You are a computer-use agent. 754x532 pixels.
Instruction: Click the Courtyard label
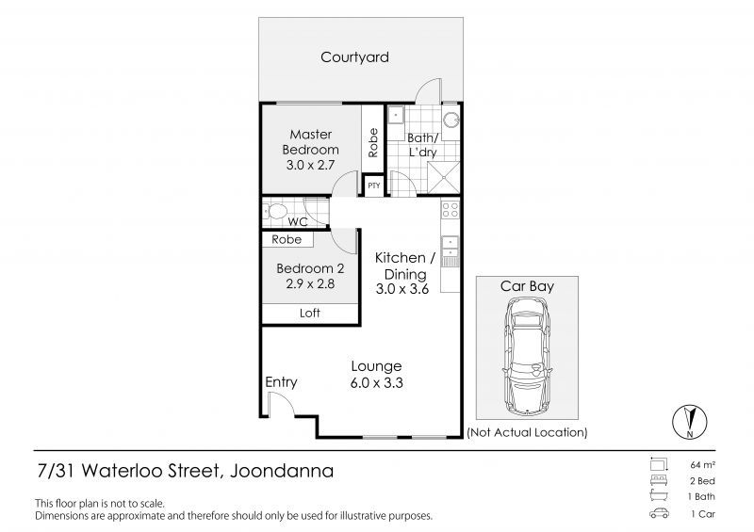tap(354, 57)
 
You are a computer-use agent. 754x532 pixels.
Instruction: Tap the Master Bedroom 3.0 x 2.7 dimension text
tap(310, 165)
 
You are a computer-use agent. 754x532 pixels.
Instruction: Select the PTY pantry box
tap(373, 185)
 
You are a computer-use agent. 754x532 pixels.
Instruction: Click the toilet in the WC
tap(274, 211)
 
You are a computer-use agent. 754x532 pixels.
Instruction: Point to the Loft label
tap(310, 313)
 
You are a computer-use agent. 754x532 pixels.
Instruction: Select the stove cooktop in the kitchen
tap(451, 210)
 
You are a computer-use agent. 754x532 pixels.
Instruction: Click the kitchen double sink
tap(451, 247)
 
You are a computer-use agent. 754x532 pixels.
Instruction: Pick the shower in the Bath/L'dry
tap(444, 177)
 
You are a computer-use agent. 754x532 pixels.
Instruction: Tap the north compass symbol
tap(690, 422)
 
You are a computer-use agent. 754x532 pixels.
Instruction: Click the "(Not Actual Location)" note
tap(527, 432)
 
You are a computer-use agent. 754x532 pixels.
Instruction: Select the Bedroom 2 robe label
tap(287, 239)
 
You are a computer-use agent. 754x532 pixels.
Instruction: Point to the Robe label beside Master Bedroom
tap(373, 142)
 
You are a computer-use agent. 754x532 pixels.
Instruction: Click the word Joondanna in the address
tap(282, 471)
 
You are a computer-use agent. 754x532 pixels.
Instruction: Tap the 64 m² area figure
tap(702, 465)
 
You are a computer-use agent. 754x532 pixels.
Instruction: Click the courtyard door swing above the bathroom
tap(427, 90)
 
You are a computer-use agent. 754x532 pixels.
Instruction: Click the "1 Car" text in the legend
tap(703, 514)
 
